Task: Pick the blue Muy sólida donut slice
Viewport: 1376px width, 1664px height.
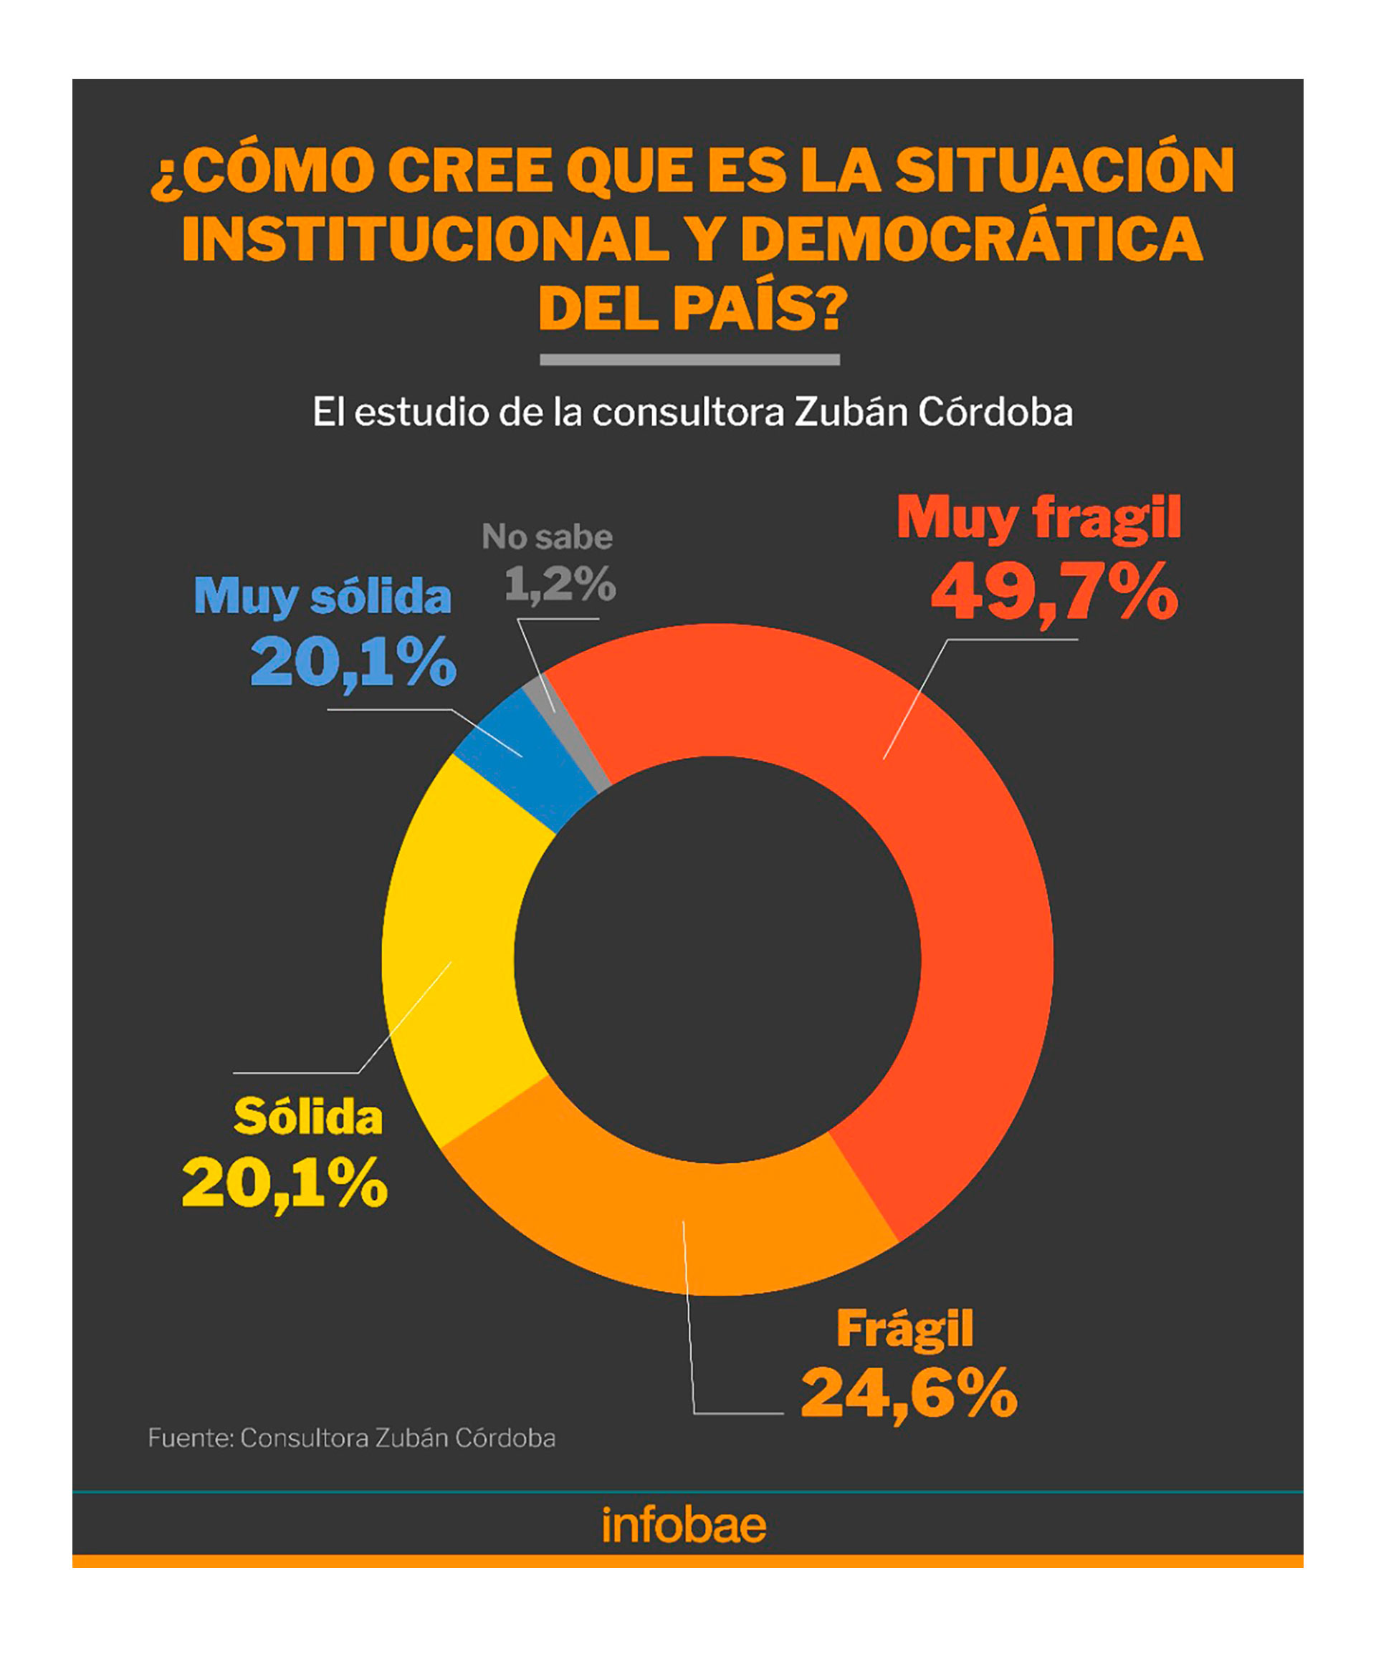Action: [523, 761]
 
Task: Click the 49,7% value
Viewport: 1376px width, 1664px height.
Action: [1054, 592]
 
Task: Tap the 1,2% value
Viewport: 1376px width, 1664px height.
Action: [560, 584]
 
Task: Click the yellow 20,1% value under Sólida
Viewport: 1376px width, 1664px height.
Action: [285, 1184]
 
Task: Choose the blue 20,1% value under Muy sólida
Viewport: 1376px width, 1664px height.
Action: [353, 662]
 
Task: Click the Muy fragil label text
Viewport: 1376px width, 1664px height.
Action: [1038, 519]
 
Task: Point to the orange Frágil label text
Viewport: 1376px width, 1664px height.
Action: [904, 1329]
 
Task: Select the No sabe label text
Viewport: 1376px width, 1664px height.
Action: [547, 537]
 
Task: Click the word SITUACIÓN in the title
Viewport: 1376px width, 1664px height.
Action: [1064, 170]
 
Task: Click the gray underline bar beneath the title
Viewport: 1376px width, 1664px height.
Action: [689, 360]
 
